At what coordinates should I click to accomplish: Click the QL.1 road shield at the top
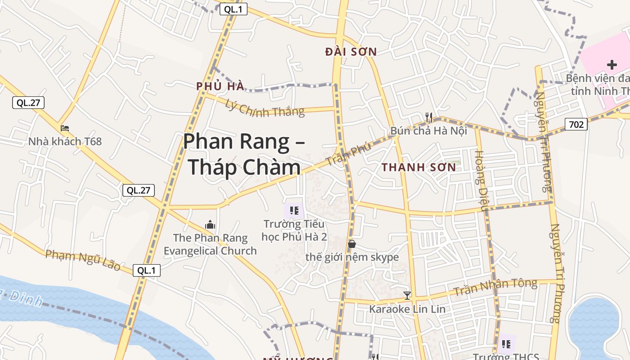tap(234, 9)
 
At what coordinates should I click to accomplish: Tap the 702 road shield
tap(576, 124)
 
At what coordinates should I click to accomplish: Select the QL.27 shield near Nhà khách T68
tap(28, 103)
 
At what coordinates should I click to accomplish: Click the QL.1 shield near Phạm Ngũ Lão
tap(147, 270)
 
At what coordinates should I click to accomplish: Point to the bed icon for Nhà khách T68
tap(65, 128)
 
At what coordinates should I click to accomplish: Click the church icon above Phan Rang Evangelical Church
tap(210, 224)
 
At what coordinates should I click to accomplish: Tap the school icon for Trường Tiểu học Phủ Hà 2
tap(294, 210)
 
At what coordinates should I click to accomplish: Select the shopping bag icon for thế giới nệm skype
tap(352, 244)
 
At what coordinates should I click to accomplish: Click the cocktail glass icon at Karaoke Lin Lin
tap(407, 296)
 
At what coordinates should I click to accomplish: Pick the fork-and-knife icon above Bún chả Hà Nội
tap(429, 118)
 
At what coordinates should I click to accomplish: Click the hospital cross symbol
tap(612, 65)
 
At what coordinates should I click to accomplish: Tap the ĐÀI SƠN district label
tap(351, 52)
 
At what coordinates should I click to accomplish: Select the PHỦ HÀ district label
tap(220, 86)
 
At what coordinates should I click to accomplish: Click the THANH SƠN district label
tap(418, 167)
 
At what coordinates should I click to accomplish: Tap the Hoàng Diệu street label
tap(481, 180)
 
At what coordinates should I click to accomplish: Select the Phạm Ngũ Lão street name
tap(83, 260)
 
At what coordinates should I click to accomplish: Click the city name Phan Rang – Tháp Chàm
tap(244, 154)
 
